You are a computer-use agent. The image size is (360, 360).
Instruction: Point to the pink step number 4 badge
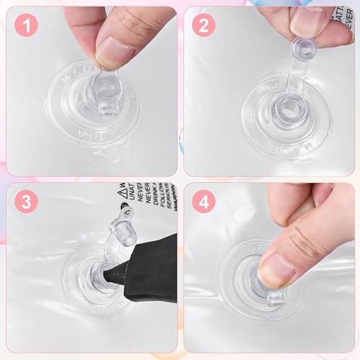[x=202, y=202]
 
